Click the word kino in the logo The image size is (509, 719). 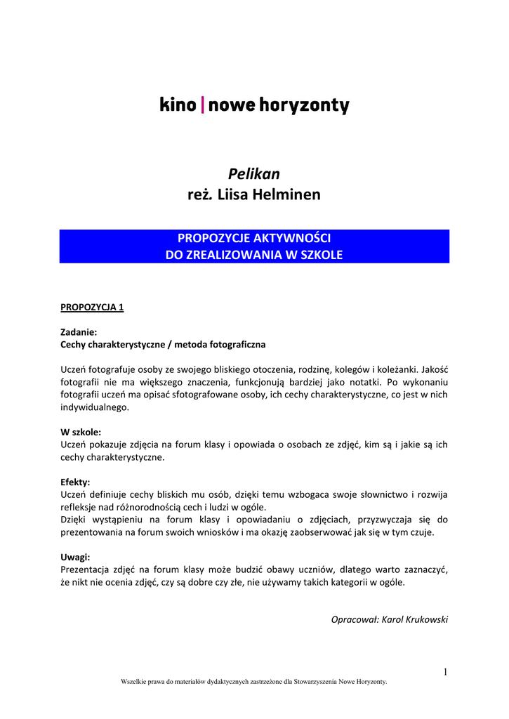(178, 106)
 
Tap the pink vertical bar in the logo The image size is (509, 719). (203, 106)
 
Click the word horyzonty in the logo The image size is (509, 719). (305, 107)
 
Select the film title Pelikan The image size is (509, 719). (254, 173)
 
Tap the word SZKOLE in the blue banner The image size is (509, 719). (320, 255)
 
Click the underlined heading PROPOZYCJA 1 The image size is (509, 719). (92, 308)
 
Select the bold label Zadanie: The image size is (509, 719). (79, 332)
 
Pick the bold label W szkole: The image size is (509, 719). (81, 433)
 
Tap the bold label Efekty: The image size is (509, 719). (75, 482)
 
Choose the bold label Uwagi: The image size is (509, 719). (75, 558)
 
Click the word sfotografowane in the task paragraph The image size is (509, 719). (205, 395)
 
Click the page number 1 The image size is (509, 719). (445, 672)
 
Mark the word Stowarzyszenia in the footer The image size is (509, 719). (317, 682)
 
